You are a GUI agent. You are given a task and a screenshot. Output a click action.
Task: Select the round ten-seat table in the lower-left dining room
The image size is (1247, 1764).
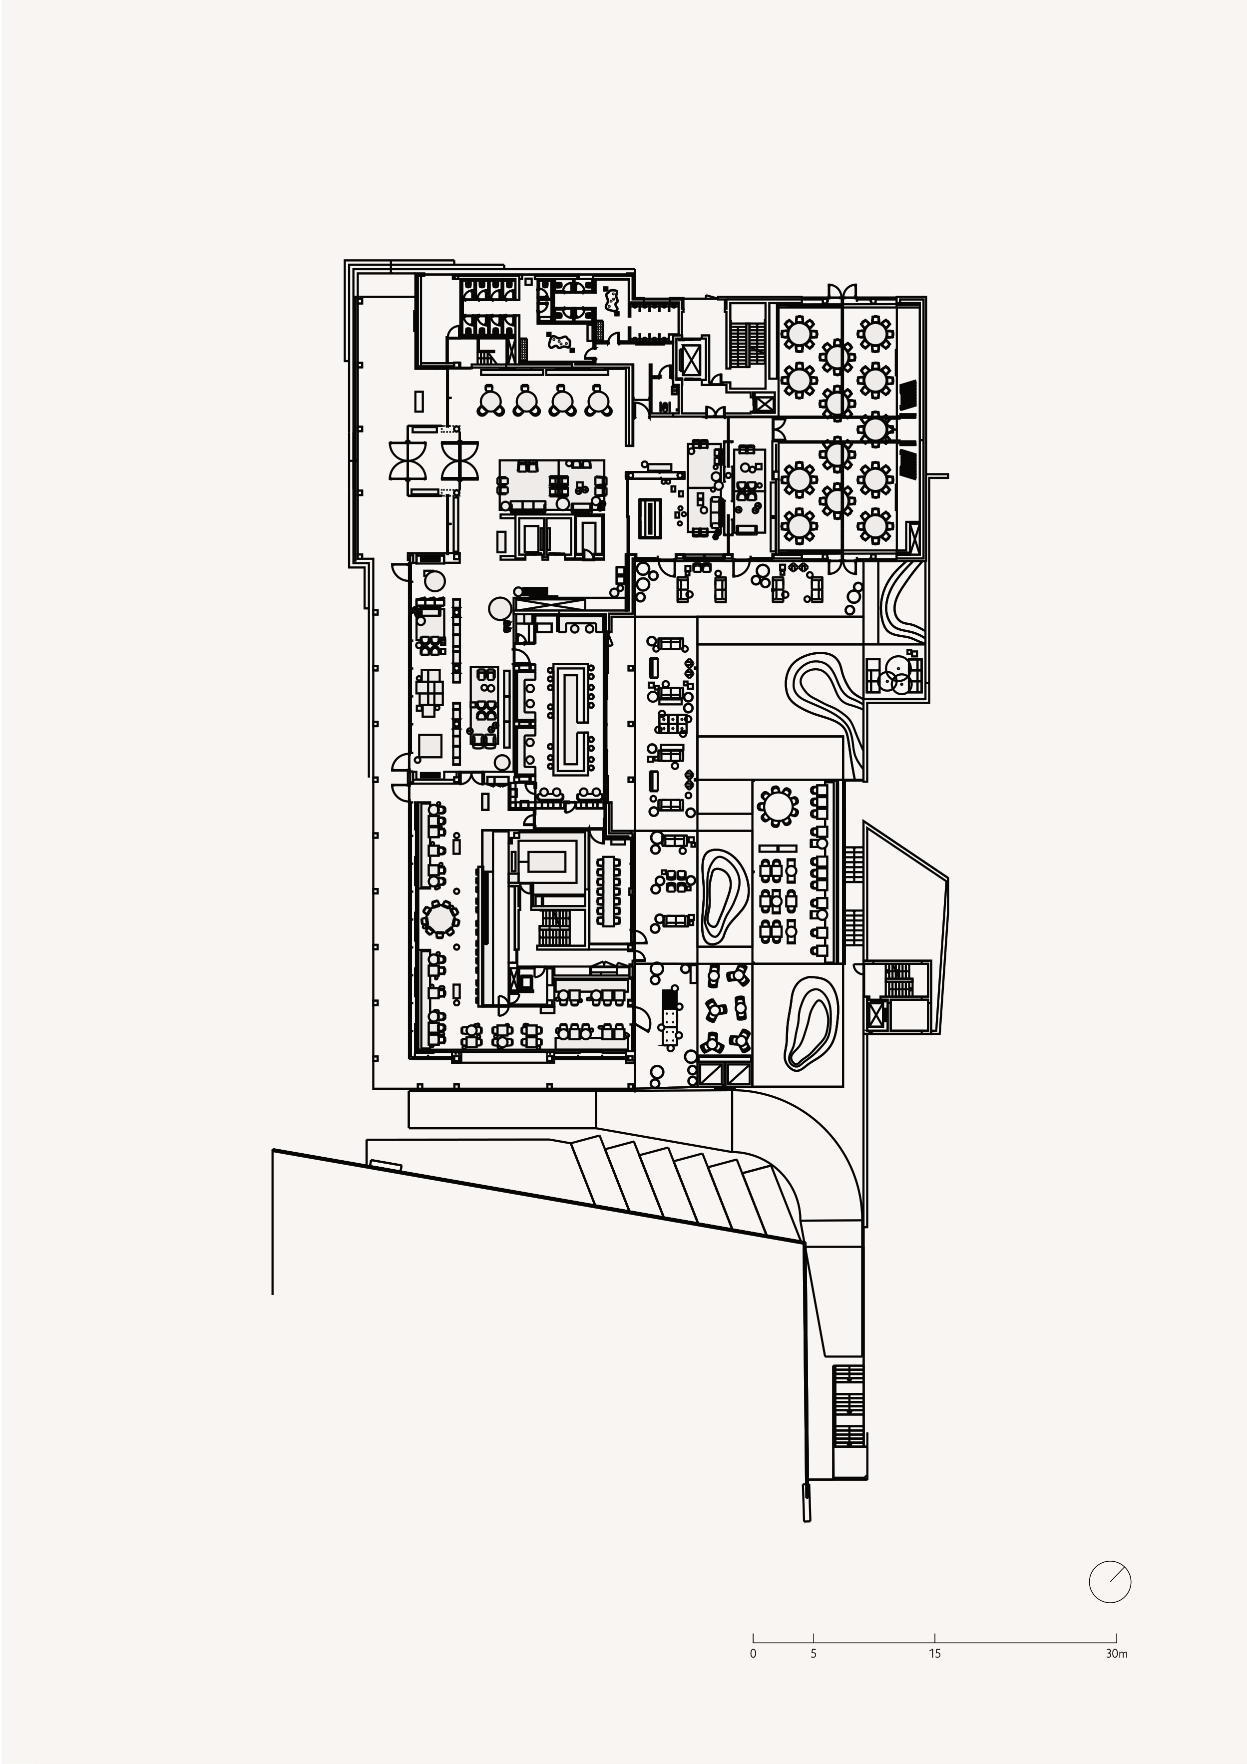tap(439, 917)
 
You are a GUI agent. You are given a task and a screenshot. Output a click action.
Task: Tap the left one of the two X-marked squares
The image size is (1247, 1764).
tap(712, 1074)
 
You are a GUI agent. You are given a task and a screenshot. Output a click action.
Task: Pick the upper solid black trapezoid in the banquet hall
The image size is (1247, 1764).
tap(908, 396)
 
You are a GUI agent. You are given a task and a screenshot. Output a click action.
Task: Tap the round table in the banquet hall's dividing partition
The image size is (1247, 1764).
tap(874, 429)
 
